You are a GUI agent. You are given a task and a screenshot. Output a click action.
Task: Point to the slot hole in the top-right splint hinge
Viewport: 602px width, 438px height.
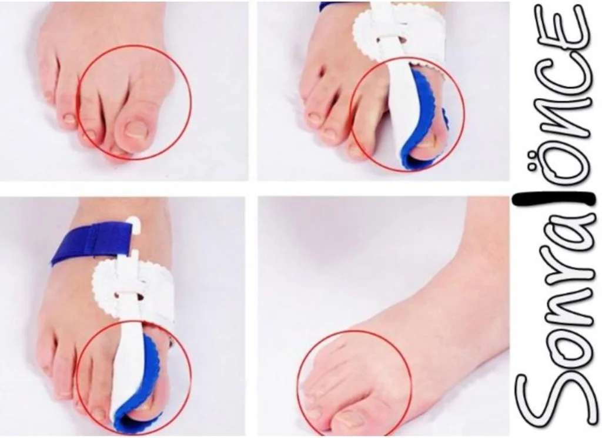(402, 39)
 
